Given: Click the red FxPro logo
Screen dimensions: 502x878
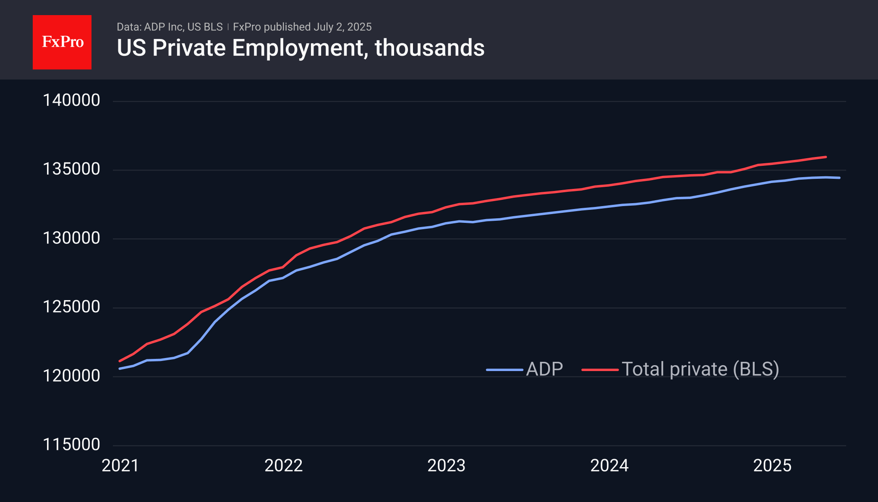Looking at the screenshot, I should point(62,42).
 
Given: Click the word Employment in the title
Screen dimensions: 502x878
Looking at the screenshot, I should point(298,48).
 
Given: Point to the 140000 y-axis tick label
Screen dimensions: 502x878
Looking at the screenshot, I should point(71,100).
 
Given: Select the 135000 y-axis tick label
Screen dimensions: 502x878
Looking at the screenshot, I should point(71,169).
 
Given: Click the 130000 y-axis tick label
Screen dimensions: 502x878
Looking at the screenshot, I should point(71,238).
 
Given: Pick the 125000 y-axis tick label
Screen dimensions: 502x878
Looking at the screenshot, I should point(71,307).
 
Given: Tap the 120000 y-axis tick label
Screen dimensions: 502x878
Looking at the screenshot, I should point(71,376).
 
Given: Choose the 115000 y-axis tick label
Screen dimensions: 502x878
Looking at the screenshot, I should point(71,444).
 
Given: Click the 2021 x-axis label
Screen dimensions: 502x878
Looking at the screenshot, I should point(120,465).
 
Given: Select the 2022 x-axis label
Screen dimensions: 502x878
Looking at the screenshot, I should point(283,465).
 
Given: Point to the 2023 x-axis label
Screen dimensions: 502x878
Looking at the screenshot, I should point(446,465).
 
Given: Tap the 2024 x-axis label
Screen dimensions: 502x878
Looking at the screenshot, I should point(609,465).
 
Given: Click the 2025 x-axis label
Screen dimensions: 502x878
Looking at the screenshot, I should point(772,465).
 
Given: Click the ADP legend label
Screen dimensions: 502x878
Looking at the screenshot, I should point(544,369).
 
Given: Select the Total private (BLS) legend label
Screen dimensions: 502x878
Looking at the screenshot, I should point(700,369).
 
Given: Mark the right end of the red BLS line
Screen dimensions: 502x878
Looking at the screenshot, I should point(826,157).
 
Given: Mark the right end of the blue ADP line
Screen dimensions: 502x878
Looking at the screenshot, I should point(839,178).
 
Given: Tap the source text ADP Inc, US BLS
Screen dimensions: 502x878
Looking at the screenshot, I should point(183,27).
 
